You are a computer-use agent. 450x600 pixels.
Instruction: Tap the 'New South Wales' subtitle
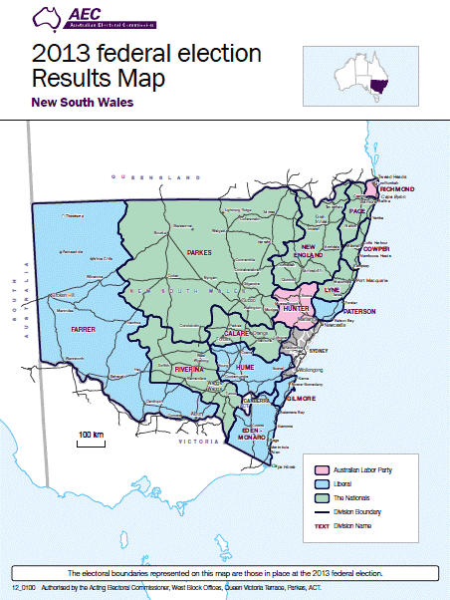coord(83,102)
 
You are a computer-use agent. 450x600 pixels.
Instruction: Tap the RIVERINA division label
coord(189,370)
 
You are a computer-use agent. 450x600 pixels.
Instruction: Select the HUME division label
coord(245,369)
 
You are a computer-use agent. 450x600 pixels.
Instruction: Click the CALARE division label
coord(237,333)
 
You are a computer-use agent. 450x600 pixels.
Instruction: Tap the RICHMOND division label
coord(395,189)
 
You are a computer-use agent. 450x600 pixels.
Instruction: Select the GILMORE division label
coord(301,398)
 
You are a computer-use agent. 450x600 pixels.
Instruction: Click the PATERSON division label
coord(358,312)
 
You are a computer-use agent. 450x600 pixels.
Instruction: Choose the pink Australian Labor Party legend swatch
coord(322,468)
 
